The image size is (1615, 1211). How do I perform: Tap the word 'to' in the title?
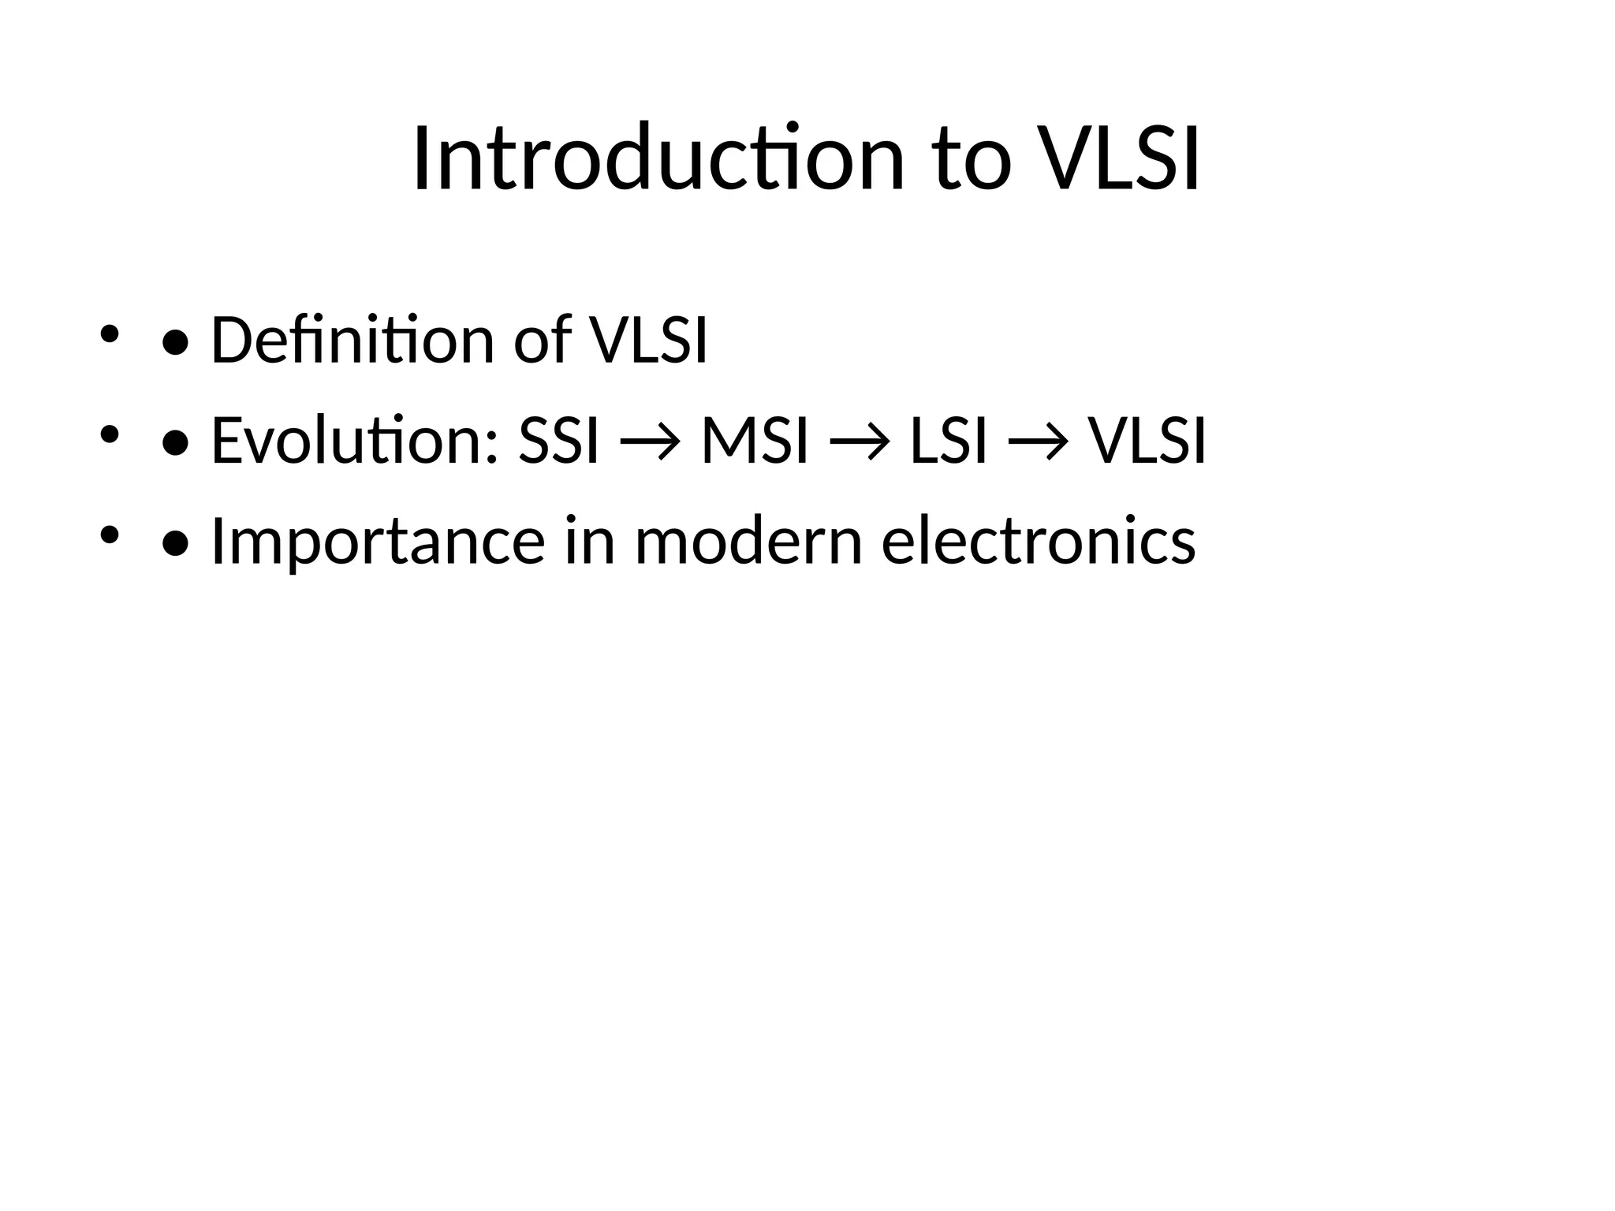(972, 159)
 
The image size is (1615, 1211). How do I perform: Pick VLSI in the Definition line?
(649, 340)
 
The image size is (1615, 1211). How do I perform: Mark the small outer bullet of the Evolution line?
(109, 434)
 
